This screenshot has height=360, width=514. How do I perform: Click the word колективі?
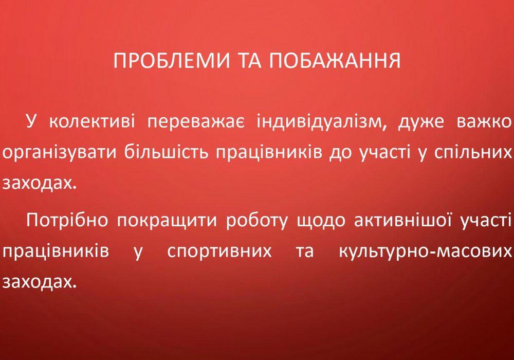click(92, 121)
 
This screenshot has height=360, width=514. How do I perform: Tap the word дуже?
click(421, 122)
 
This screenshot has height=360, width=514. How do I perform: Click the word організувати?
click(59, 153)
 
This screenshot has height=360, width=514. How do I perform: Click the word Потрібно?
click(67, 220)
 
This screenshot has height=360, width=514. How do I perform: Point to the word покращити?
click(167, 220)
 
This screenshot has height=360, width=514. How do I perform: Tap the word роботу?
click(256, 220)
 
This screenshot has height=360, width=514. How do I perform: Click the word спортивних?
click(219, 251)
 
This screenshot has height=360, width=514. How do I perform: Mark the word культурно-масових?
click(425, 251)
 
